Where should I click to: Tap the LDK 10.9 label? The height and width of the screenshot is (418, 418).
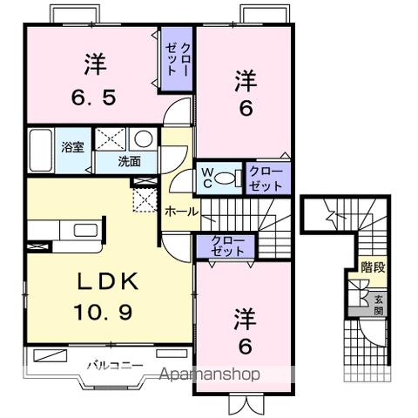[98, 296]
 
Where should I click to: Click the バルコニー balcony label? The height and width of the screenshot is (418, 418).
[110, 365]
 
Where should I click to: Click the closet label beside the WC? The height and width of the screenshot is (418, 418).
[265, 179]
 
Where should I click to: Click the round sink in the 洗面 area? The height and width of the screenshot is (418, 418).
[142, 139]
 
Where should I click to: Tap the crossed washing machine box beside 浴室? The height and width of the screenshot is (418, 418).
[111, 139]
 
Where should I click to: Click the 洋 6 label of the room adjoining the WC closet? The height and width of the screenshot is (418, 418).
[246, 91]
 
